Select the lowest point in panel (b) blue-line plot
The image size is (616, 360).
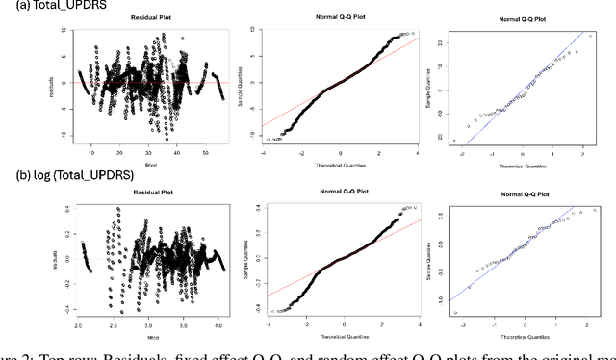click(x=454, y=312)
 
